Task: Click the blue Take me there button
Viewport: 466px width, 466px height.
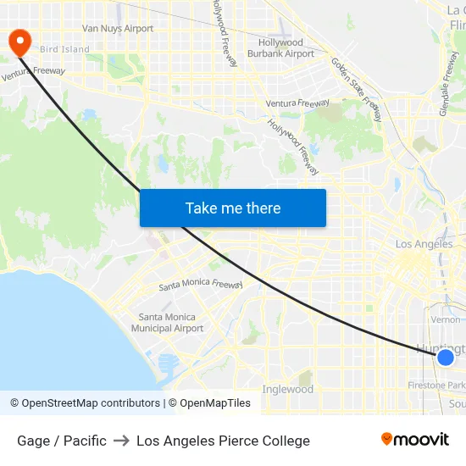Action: [233, 208]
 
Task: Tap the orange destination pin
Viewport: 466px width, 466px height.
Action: [18, 42]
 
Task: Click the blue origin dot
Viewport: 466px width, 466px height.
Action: [445, 358]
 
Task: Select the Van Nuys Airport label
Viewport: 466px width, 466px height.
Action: [118, 29]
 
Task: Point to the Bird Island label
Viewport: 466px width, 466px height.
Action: [64, 49]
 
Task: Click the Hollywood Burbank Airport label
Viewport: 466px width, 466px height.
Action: [280, 48]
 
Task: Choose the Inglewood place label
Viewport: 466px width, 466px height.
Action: [287, 390]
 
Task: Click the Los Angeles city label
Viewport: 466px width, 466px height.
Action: [424, 244]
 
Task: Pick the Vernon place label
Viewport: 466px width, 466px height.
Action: [446, 319]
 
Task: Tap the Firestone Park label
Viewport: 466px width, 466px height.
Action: [437, 386]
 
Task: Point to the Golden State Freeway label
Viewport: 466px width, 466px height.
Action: [357, 89]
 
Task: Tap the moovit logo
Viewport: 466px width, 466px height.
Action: [415, 439]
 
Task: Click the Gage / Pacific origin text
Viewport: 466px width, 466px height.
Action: [62, 441]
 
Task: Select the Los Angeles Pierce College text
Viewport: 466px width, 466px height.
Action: [223, 441]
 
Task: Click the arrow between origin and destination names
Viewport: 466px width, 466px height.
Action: [121, 441]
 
